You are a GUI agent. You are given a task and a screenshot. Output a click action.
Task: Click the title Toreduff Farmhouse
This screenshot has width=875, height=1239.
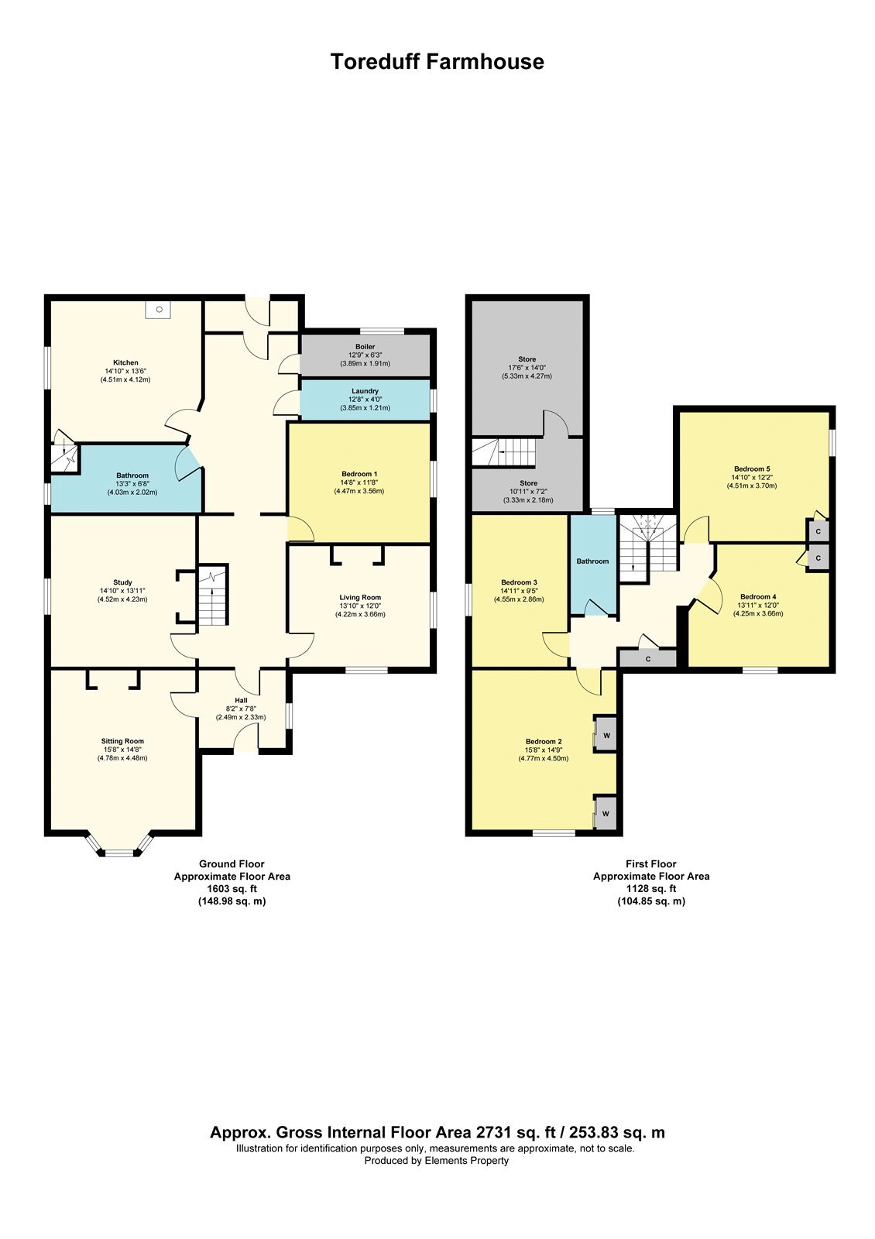437,61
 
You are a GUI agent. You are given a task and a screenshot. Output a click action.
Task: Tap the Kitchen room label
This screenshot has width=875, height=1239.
125,363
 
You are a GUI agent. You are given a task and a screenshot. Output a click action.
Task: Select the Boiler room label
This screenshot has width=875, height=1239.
365,347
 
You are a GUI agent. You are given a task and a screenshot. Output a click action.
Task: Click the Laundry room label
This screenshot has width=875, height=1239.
365,391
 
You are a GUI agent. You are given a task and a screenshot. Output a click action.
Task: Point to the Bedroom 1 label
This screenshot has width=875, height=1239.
359,474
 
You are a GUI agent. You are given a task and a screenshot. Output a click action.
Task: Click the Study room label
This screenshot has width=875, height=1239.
123,582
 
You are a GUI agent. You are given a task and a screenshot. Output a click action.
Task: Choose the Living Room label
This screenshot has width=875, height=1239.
360,597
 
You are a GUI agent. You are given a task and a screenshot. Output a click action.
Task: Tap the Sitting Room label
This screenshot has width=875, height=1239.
123,741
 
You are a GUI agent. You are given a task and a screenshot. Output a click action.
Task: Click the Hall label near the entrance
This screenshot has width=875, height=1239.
241,700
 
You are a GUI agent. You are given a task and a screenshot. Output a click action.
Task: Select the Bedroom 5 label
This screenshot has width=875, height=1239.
752,469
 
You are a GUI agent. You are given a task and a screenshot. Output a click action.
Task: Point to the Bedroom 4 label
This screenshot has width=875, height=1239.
758,597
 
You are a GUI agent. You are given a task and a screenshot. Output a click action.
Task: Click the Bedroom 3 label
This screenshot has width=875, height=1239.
519,582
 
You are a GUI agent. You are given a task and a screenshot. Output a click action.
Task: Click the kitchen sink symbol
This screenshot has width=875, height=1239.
159,310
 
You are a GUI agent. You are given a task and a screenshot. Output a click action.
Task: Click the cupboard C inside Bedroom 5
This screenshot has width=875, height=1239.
818,531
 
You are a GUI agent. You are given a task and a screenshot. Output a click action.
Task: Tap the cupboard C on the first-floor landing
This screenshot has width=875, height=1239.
647,659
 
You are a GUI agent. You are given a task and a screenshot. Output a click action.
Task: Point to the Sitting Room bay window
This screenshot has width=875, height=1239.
120,845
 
